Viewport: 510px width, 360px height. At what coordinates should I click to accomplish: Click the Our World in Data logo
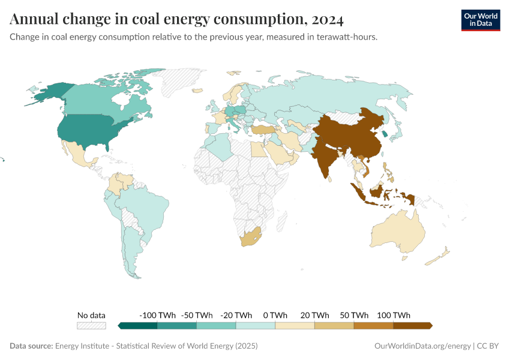click(x=480, y=20)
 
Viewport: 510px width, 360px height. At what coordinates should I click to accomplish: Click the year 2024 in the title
click(x=328, y=20)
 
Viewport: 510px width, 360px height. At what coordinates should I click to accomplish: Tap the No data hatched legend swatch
click(x=91, y=326)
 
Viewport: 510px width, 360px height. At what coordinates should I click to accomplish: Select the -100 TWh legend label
click(x=157, y=315)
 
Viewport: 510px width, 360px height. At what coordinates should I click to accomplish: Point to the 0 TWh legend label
click(x=275, y=315)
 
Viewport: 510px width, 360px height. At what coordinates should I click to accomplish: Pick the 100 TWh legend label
click(x=394, y=315)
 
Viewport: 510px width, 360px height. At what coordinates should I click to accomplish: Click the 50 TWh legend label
click(x=354, y=315)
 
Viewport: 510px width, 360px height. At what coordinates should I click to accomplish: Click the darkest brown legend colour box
click(x=412, y=326)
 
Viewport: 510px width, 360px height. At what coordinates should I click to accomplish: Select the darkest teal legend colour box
click(x=139, y=326)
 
